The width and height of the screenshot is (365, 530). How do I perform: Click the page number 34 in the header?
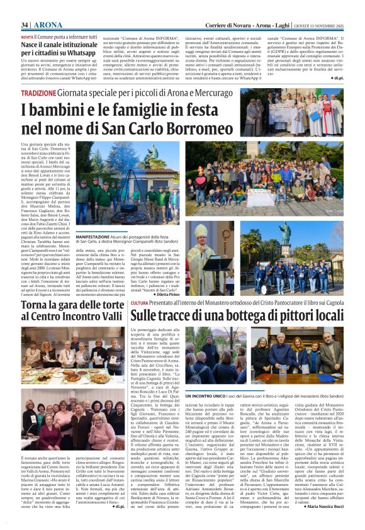point(25,25)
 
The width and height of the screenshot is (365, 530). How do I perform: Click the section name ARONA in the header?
point(48,25)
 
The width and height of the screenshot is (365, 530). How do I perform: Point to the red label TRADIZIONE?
point(38,93)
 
